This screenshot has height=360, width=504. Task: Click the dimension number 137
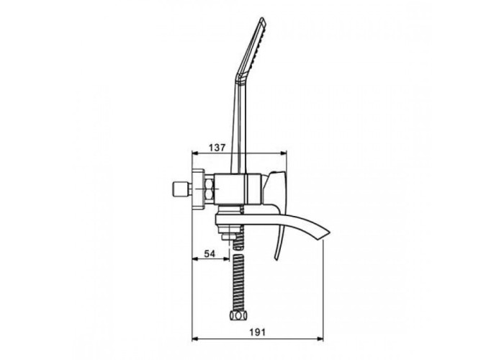click(x=217, y=148)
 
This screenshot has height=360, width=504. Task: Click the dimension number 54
click(x=210, y=253)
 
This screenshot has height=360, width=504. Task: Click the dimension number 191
click(x=258, y=332)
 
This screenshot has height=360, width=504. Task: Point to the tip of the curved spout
click(x=329, y=231)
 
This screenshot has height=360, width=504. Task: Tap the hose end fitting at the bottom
click(x=237, y=315)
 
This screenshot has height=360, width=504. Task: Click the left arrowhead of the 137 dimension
click(x=195, y=153)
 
